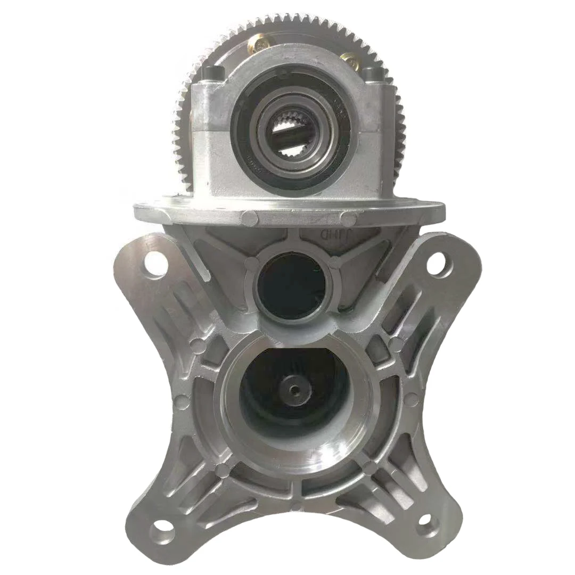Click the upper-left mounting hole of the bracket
pyautogui.click(x=155, y=261)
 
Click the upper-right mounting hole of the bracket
pyautogui.click(x=436, y=262)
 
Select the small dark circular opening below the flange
pyautogui.click(x=290, y=287)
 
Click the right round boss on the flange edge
pyautogui.click(x=349, y=218)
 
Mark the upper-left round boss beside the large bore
pyautogui.click(x=197, y=345)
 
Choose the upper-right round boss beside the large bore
pyautogui.click(x=395, y=344)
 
